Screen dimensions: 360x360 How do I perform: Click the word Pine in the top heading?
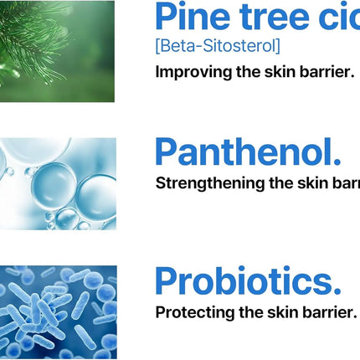click(192, 18)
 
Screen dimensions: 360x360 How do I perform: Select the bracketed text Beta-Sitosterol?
click(218, 46)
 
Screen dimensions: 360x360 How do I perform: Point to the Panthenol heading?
click(248, 152)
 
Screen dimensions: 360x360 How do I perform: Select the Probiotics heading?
click(248, 282)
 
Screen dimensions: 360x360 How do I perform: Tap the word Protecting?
click(193, 312)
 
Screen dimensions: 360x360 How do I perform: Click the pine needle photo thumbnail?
click(57, 50)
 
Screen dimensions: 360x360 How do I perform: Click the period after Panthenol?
click(336, 162)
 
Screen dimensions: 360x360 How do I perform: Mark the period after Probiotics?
click(336, 291)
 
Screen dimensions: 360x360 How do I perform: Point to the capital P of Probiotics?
click(168, 282)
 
